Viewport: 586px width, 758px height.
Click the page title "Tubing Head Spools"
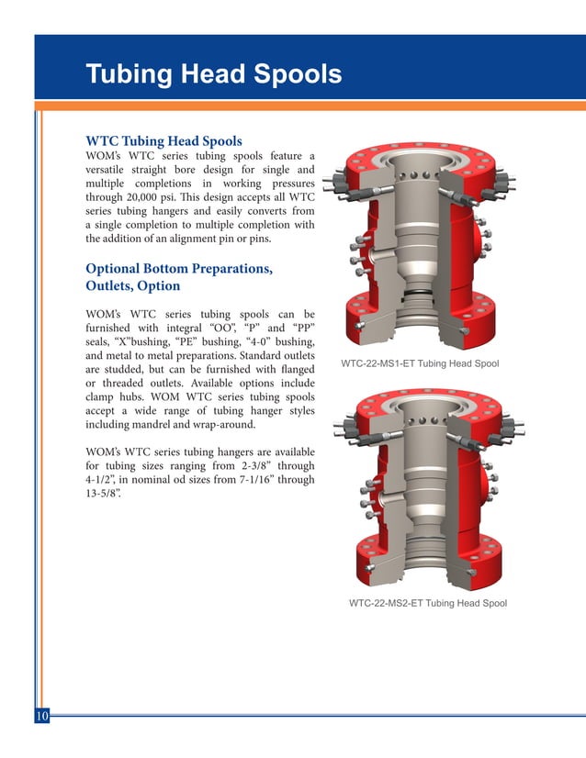click(213, 74)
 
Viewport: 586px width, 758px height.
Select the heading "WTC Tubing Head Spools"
click(163, 141)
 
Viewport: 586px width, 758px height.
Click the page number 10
click(42, 716)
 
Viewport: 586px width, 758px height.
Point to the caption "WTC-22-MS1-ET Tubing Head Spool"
click(420, 364)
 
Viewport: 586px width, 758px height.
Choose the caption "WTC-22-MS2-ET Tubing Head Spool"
click(428, 603)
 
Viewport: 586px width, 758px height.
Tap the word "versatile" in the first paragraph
click(108, 170)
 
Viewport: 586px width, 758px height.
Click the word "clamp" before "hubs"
click(103, 397)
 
